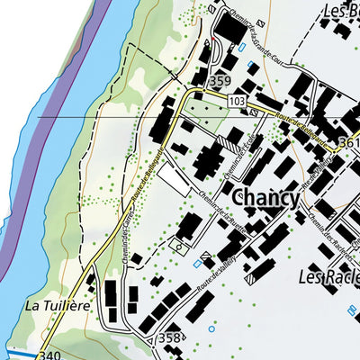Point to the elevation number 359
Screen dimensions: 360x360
click(220, 81)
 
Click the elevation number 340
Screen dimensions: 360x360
click(49, 355)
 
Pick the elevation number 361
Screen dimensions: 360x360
click(349, 141)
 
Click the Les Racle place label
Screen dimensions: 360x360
click(328, 275)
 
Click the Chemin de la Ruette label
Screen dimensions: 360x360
click(220, 208)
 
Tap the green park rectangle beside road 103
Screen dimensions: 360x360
click(210, 112)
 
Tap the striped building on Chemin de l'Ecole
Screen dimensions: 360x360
click(233, 142)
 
